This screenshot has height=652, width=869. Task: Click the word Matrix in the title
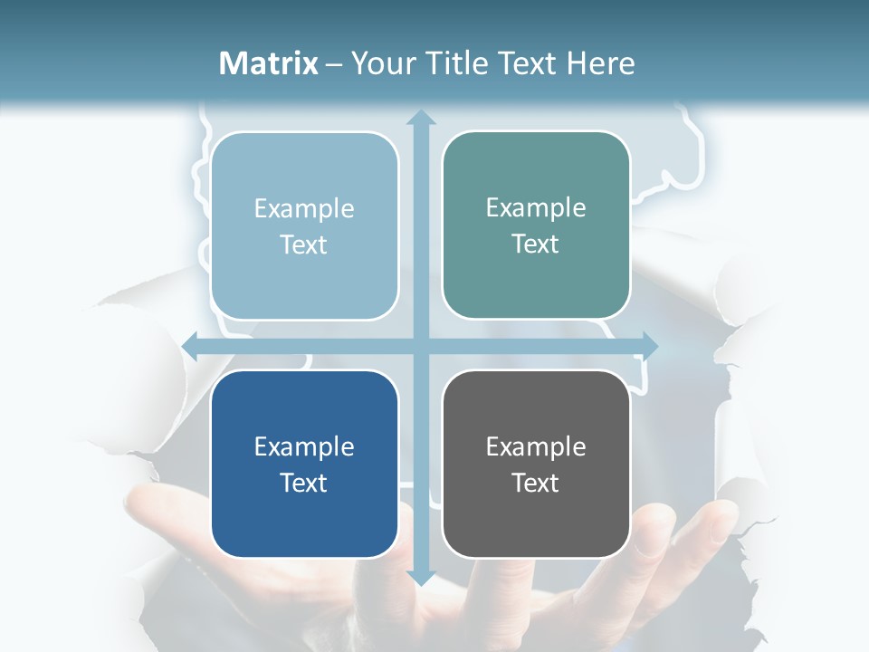pyautogui.click(x=269, y=63)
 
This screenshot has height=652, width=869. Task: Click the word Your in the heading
pyautogui.click(x=380, y=63)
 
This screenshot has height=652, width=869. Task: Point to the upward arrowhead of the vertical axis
pyautogui.click(x=420, y=118)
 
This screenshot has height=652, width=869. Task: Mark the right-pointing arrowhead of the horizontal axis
pyautogui.click(x=649, y=345)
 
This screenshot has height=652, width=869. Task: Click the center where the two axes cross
pyautogui.click(x=420, y=345)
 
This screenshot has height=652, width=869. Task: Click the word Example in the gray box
pyautogui.click(x=536, y=446)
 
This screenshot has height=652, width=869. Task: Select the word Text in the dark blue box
pyautogui.click(x=304, y=483)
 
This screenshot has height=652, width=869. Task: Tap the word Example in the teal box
pyautogui.click(x=536, y=207)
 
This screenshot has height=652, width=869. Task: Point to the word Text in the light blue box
pyautogui.click(x=304, y=244)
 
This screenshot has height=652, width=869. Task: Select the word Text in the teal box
pyautogui.click(x=536, y=244)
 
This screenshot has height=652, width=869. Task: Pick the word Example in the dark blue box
pyautogui.click(x=304, y=446)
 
